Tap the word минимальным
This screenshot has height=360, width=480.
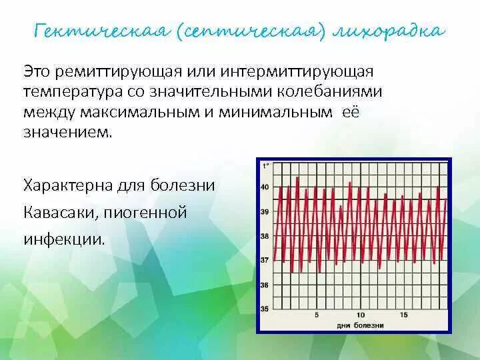pyautogui.click(x=278, y=112)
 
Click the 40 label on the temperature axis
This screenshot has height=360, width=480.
pyautogui.click(x=265, y=187)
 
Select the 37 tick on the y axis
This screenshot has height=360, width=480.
pyautogui.click(x=265, y=261)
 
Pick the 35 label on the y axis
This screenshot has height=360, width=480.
pyautogui.click(x=265, y=309)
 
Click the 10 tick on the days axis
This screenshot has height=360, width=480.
pyautogui.click(x=361, y=315)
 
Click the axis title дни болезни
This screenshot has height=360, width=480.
pyautogui.click(x=360, y=325)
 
